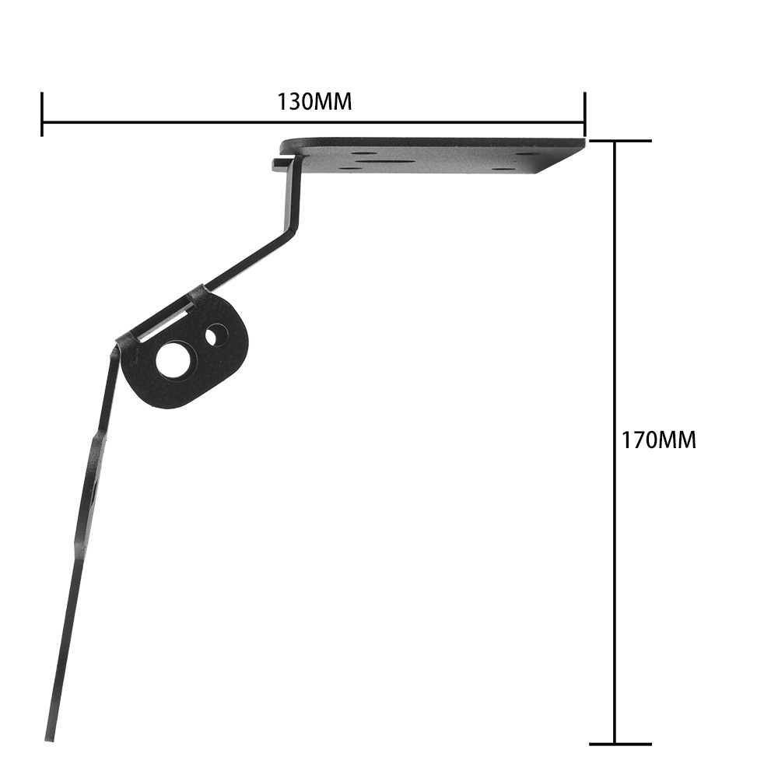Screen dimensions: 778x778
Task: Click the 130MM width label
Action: tap(314, 102)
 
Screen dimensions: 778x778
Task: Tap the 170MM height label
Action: tap(659, 440)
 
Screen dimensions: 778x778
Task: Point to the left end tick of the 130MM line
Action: tap(42, 114)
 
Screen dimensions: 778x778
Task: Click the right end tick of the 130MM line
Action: tap(585, 114)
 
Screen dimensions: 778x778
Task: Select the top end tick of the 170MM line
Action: tap(620, 142)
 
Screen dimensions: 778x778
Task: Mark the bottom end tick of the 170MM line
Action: tap(620, 745)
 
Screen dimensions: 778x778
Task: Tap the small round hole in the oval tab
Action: tap(216, 335)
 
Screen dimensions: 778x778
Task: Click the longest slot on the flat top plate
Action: tap(386, 160)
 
